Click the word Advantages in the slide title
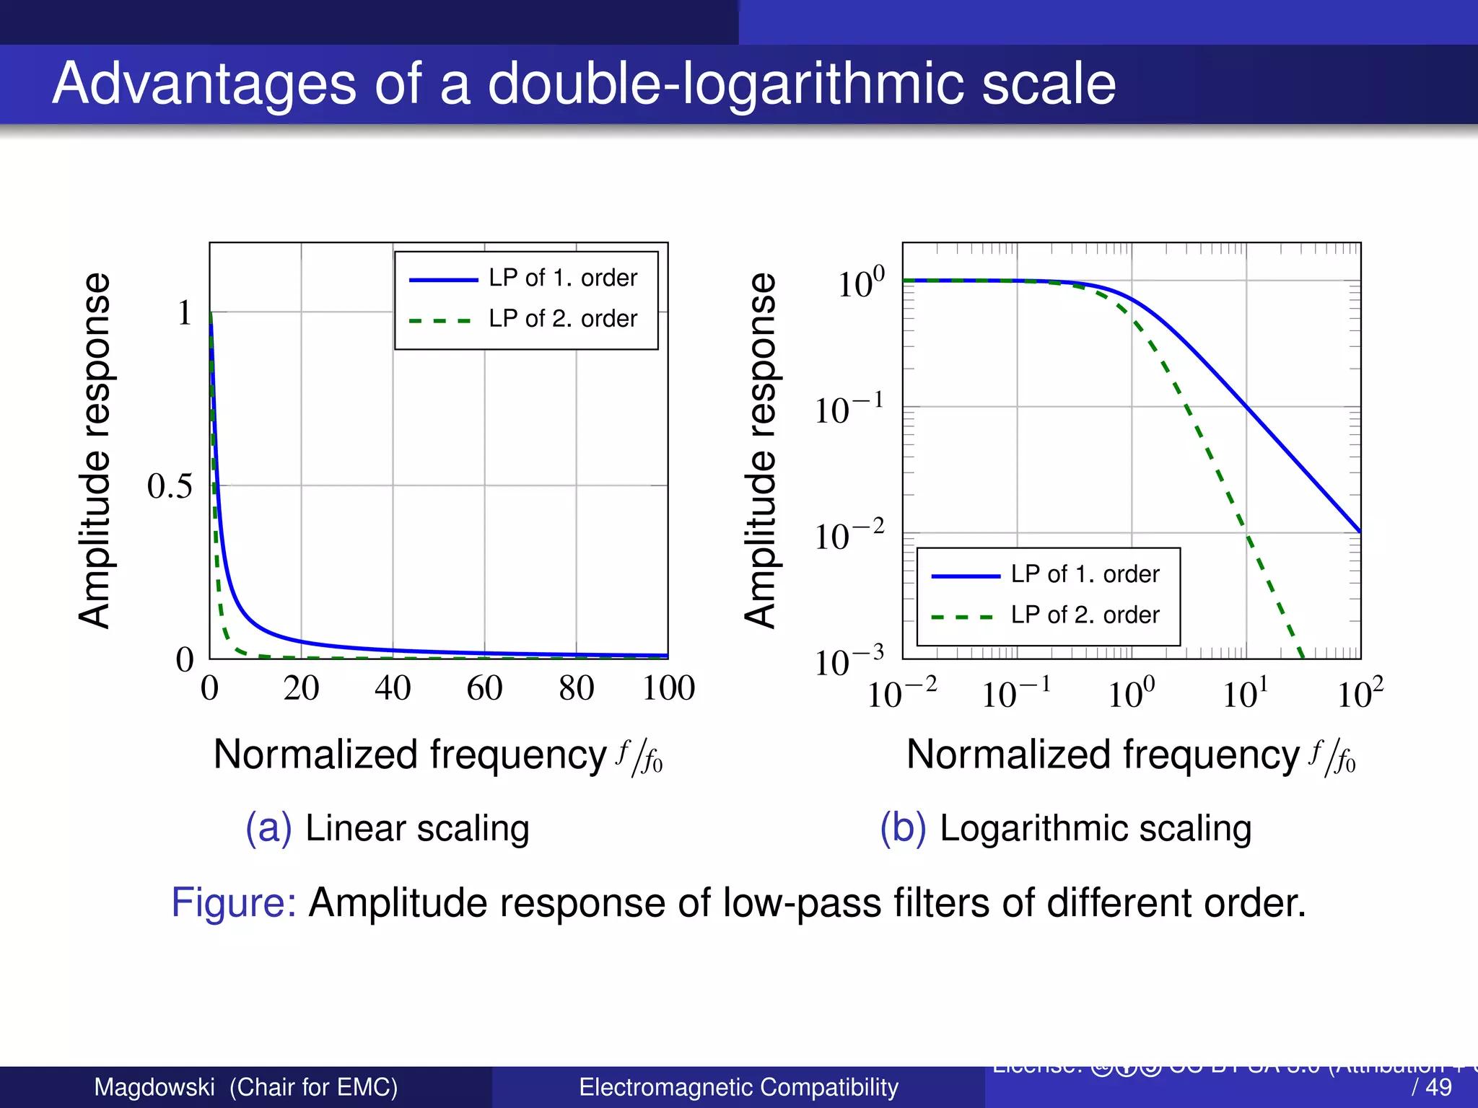[x=204, y=84]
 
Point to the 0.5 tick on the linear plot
[x=170, y=486]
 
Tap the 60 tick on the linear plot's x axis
[x=484, y=688]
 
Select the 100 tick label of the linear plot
[x=668, y=688]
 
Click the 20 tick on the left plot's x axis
[x=301, y=688]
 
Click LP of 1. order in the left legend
[x=562, y=278]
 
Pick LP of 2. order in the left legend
[x=562, y=319]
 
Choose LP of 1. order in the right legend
[x=1084, y=574]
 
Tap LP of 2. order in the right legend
[x=1084, y=615]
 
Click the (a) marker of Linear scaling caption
[x=268, y=828]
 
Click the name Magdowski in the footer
[x=154, y=1087]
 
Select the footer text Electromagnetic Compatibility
[x=738, y=1087]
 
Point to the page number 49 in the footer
[x=1439, y=1087]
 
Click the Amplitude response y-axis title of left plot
[x=95, y=450]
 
